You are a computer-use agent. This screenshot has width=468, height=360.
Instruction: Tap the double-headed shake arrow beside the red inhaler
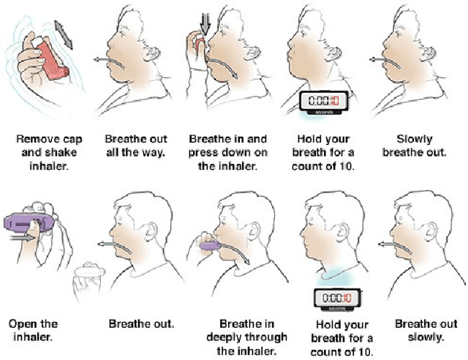pyautogui.click(x=65, y=35)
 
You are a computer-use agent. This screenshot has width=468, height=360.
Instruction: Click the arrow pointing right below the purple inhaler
pyautogui.click(x=26, y=238)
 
